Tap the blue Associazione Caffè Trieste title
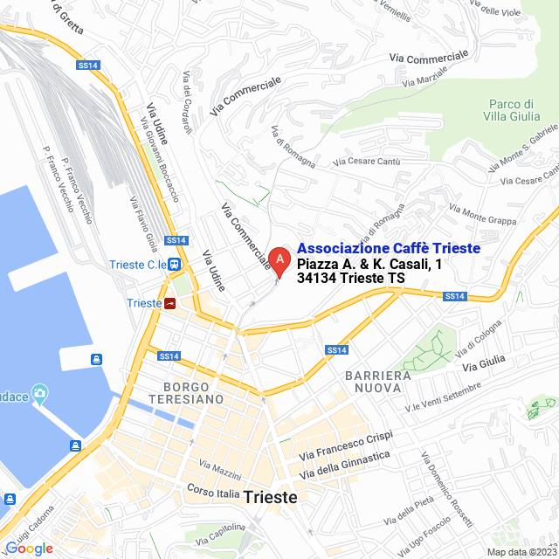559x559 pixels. click(x=389, y=249)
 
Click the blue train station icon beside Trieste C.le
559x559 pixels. click(x=176, y=265)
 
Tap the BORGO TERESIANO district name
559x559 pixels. click(x=192, y=392)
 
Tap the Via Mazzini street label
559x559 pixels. click(x=220, y=469)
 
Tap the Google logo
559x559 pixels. click(x=29, y=548)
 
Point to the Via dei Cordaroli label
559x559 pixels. click(x=186, y=102)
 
